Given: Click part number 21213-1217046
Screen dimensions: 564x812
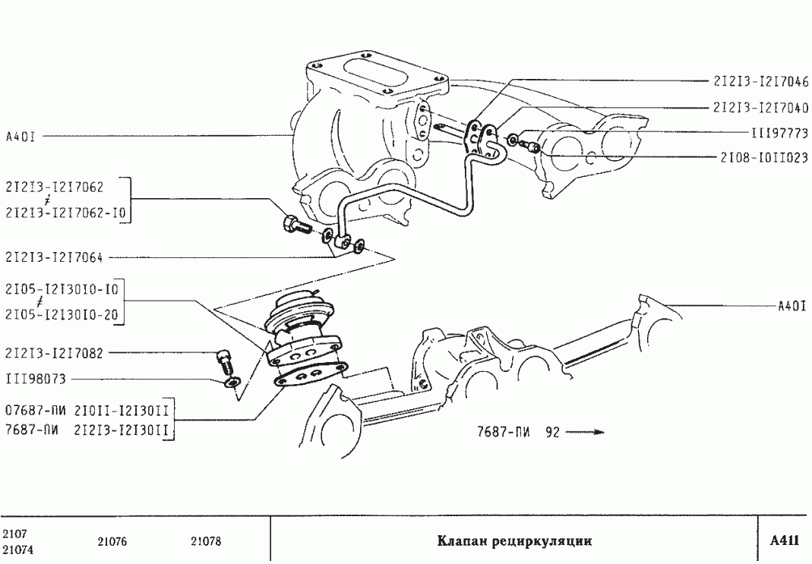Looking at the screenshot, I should coord(760,80).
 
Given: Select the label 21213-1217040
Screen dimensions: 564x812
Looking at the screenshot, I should coord(760,108).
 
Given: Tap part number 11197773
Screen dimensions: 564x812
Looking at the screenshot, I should coord(779,133).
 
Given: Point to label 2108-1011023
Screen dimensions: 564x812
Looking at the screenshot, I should coord(763,159).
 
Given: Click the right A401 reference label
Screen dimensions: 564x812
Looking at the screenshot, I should coord(791,307).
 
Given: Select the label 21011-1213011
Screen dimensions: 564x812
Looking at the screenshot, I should coord(121,412).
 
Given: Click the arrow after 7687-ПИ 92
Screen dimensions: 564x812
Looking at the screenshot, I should coord(585,433).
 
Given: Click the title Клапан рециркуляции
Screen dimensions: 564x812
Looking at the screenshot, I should coord(514,541).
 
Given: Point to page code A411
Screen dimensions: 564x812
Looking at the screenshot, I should coord(784,540).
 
